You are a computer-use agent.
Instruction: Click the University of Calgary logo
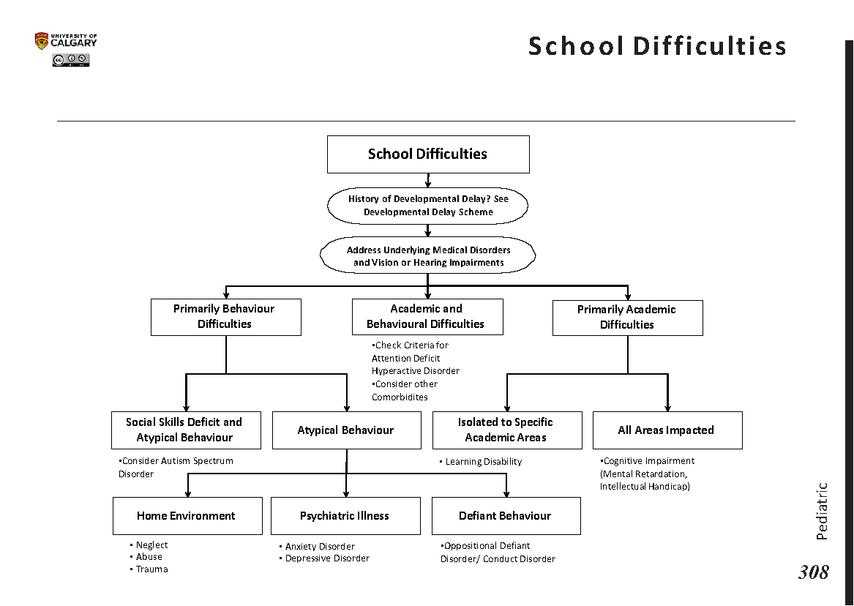(x=65, y=41)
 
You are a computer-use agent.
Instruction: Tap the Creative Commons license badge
(x=70, y=61)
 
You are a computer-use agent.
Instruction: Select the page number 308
(x=813, y=572)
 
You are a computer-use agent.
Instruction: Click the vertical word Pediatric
(x=822, y=511)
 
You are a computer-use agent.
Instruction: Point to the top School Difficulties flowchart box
(x=427, y=154)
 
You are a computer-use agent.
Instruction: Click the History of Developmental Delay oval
(x=427, y=206)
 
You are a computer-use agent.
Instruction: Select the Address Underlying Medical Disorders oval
(x=427, y=255)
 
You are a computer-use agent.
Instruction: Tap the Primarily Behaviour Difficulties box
(x=225, y=316)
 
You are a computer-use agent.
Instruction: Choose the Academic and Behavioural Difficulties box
(x=427, y=316)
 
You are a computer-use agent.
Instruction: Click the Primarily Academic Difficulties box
(x=627, y=317)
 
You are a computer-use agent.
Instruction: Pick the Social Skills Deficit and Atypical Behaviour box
(x=186, y=430)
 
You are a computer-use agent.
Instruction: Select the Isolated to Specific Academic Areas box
(x=506, y=430)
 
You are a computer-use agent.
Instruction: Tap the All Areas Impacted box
(x=667, y=430)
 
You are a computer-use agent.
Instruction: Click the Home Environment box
(x=187, y=515)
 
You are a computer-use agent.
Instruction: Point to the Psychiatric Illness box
(x=345, y=515)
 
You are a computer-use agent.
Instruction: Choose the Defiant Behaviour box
(x=506, y=515)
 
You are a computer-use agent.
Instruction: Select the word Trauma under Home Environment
(x=151, y=569)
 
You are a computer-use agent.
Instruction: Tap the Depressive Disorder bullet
(x=326, y=558)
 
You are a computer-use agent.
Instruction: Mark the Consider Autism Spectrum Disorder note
(x=176, y=467)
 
